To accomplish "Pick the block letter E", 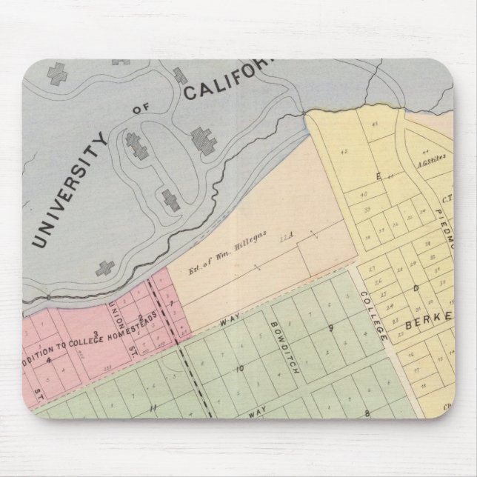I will tap(379, 176).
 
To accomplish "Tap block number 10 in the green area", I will tap(239, 368).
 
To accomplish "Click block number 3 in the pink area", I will tap(95, 333).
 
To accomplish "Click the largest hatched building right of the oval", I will tap(201, 139).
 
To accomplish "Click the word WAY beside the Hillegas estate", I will tap(227, 323).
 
